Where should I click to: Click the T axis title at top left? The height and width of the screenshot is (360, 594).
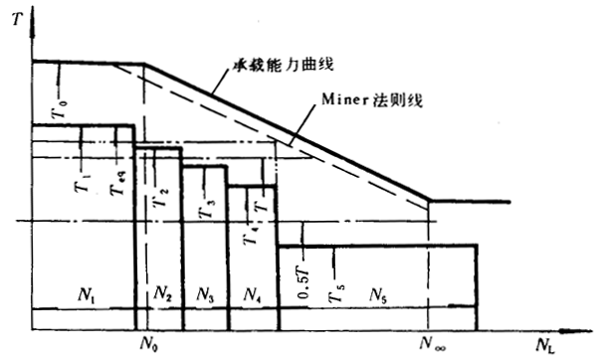[x=13, y=17]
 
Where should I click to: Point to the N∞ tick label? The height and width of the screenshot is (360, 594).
[x=430, y=343]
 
